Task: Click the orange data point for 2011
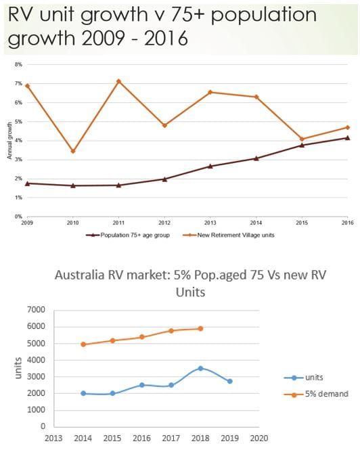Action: click(x=119, y=81)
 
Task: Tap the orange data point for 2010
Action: click(x=73, y=151)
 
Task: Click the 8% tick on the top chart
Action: click(x=19, y=64)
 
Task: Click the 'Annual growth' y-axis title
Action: click(x=10, y=140)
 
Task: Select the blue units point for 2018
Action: click(x=200, y=368)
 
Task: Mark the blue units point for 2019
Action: click(x=229, y=381)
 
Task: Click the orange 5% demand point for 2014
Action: click(x=83, y=344)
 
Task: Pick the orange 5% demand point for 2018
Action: click(x=200, y=329)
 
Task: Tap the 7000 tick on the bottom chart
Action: click(x=35, y=310)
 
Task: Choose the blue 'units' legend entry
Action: click(x=308, y=378)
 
